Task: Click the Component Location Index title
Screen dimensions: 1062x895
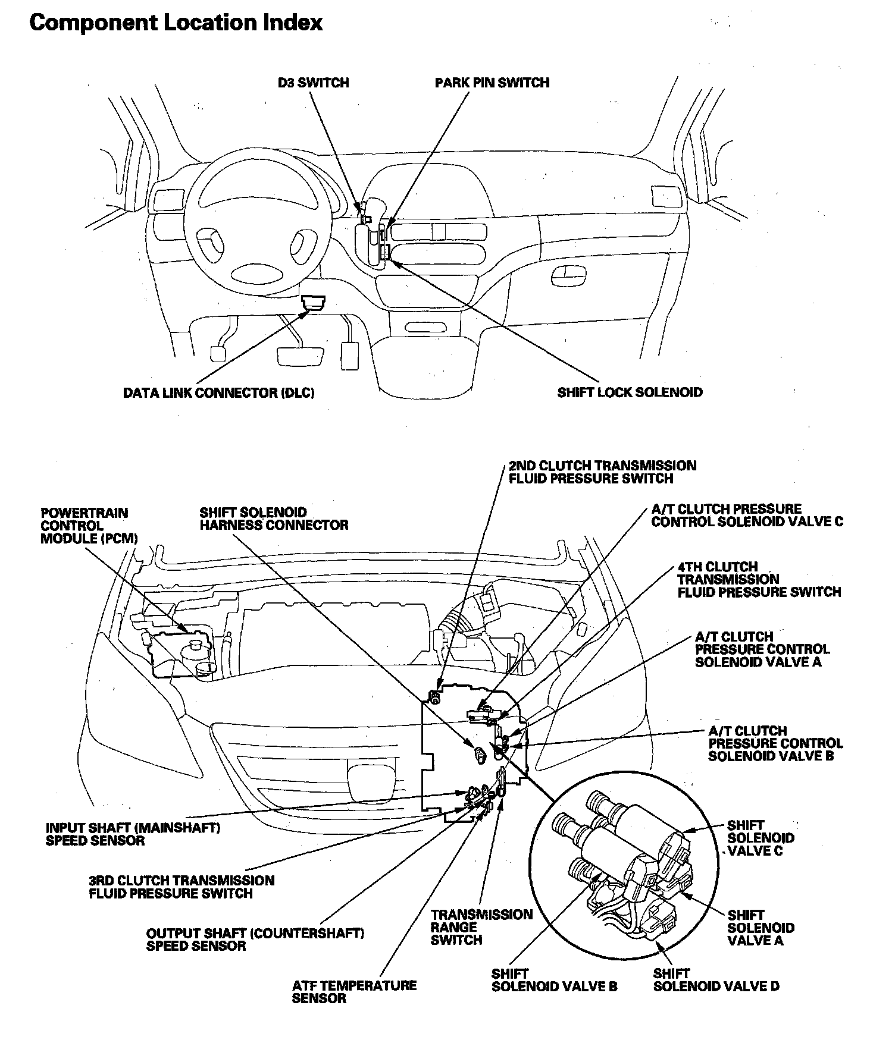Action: click(176, 23)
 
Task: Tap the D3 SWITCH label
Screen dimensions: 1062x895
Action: click(313, 83)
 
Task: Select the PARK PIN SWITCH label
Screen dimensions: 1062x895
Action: click(492, 83)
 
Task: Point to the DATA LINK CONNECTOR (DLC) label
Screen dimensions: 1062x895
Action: click(218, 393)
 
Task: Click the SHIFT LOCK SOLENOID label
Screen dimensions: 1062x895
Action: click(630, 392)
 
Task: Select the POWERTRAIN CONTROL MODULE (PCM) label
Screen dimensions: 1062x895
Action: click(89, 526)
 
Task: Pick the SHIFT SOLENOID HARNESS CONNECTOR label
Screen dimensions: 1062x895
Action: click(273, 519)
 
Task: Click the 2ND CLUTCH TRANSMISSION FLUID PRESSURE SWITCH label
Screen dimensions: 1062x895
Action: click(602, 472)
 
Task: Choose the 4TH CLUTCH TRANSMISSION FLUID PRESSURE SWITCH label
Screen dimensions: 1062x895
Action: click(759, 579)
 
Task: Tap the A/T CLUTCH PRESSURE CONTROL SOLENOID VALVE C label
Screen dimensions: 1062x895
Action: click(747, 516)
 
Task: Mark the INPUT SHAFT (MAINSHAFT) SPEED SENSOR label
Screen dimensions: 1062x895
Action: click(133, 834)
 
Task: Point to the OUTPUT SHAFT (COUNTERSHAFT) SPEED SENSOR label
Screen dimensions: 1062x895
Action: click(255, 940)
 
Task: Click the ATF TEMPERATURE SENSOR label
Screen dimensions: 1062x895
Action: click(353, 991)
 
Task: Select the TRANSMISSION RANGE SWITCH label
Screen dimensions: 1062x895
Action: click(481, 927)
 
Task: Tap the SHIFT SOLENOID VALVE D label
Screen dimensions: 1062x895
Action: click(716, 980)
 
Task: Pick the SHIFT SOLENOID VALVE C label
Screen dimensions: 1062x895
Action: click(760, 838)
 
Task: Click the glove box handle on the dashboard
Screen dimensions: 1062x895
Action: click(569, 273)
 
